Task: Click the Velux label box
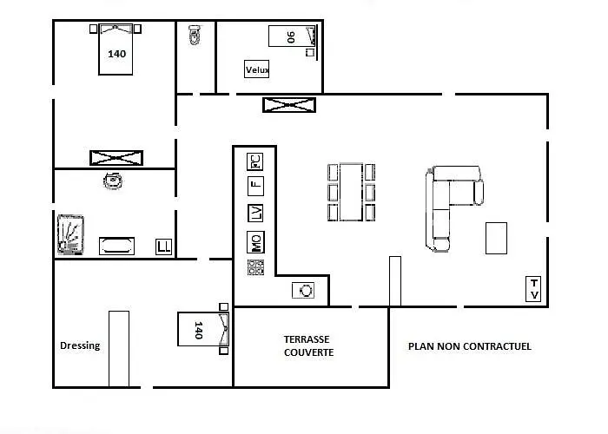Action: [x=257, y=69]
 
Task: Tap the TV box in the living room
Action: [x=533, y=289]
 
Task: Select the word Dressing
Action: [x=80, y=345]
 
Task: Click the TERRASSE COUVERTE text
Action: [x=308, y=345]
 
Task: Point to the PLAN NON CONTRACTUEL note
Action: [x=470, y=346]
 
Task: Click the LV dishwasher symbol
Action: [x=255, y=214]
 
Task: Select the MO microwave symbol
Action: [x=255, y=242]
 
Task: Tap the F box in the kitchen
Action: [x=255, y=186]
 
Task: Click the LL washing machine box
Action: [x=163, y=247]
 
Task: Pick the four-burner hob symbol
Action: [x=255, y=267]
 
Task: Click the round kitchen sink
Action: [x=303, y=290]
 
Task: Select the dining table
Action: [x=351, y=192]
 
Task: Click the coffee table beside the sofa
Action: [x=496, y=238]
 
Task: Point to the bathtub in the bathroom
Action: [x=116, y=246]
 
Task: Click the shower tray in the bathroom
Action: [x=70, y=235]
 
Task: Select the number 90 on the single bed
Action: [x=291, y=37]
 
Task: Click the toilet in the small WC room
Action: [x=195, y=35]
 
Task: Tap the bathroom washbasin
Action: [x=113, y=181]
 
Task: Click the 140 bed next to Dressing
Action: [x=203, y=329]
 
